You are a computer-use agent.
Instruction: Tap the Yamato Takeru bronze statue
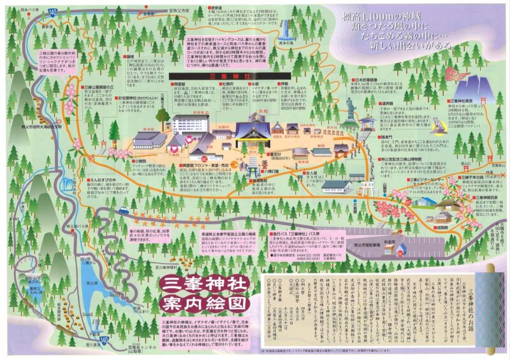point(351,112)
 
